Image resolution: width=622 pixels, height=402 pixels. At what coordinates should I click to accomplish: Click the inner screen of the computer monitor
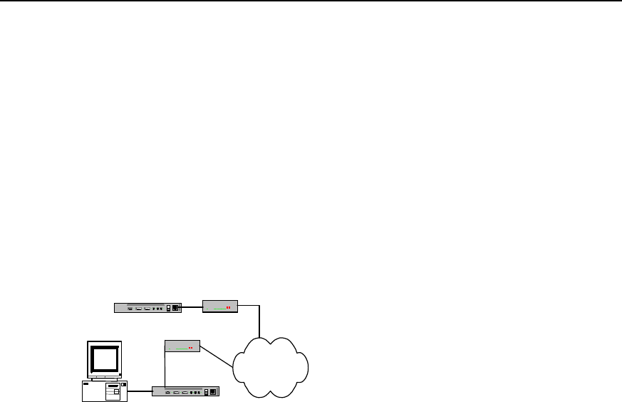click(x=104, y=357)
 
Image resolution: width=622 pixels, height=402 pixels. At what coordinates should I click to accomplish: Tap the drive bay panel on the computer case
click(x=113, y=392)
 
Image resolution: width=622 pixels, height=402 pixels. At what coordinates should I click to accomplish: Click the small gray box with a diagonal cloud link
click(x=182, y=346)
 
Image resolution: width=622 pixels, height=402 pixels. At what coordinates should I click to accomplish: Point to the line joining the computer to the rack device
click(x=140, y=391)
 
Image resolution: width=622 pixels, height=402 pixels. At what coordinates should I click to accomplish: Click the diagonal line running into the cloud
click(x=218, y=356)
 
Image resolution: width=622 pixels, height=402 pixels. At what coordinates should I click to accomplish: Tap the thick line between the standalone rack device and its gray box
click(x=192, y=307)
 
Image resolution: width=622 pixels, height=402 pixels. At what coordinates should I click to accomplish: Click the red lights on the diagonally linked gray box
click(x=191, y=349)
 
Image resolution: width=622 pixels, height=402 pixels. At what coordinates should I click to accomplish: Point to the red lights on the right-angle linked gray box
click(x=229, y=309)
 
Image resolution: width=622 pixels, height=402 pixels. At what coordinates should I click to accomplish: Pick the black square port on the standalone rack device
click(x=176, y=308)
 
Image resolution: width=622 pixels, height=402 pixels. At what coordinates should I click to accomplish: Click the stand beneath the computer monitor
click(x=104, y=378)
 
